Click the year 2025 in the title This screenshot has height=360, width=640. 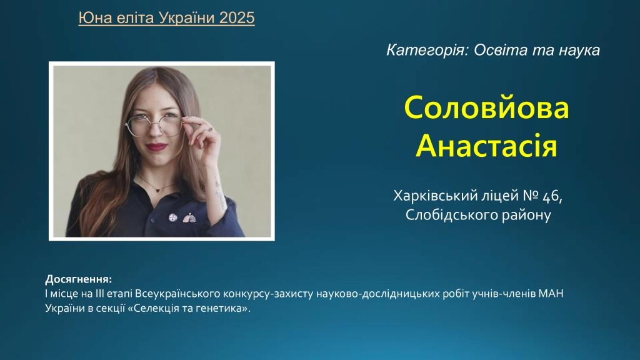click(x=237, y=17)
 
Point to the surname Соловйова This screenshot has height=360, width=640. click(x=486, y=107)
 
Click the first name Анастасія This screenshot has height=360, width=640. click(x=486, y=145)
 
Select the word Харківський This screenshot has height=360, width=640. click(x=436, y=196)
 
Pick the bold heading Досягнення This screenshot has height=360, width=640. click(x=78, y=279)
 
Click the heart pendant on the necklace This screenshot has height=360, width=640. click(x=157, y=189)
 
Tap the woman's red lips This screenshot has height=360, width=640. click(x=156, y=146)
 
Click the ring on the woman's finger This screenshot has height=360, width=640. click(x=211, y=129)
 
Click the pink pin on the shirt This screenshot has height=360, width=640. click(x=189, y=218)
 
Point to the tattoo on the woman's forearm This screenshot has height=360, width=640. click(x=219, y=192)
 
